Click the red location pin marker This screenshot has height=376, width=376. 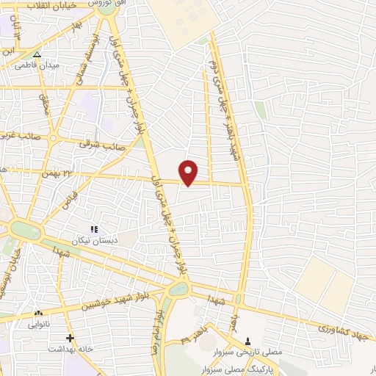coord(189,171)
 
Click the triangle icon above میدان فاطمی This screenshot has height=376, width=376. coord(37,54)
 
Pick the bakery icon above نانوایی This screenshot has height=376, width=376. coord(37,314)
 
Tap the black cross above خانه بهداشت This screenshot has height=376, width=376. coord(70,338)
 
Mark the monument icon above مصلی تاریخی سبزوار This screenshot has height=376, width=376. coord(247,340)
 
